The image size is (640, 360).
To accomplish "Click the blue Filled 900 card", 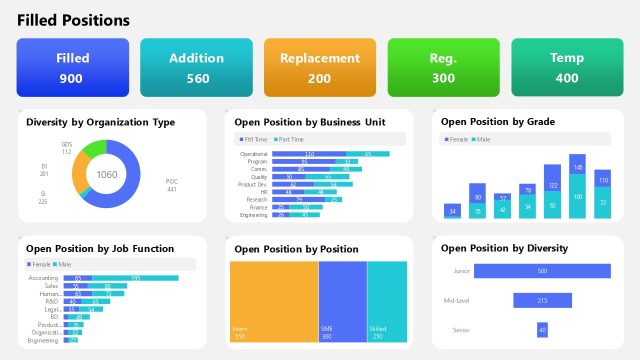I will [x=73, y=68].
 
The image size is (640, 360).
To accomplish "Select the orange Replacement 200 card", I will [x=320, y=68].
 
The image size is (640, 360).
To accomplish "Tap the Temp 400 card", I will [x=567, y=68].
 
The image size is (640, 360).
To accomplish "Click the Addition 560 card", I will [x=197, y=68].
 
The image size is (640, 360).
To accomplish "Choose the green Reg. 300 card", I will [x=443, y=68].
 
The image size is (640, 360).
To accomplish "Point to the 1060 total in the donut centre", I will [x=107, y=174].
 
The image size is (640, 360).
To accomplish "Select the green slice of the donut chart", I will [x=93, y=149].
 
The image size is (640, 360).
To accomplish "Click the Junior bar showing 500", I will [x=542, y=271].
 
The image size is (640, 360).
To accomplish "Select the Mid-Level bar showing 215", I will [x=542, y=300].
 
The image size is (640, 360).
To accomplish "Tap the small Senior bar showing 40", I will [x=542, y=329].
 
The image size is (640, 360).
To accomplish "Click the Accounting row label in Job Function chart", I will [x=44, y=278].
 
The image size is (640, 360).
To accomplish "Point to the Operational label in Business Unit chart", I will [x=254, y=154].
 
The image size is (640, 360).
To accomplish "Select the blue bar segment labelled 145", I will [x=577, y=166].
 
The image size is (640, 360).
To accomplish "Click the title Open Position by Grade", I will [x=498, y=122].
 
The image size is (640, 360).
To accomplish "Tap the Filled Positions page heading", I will [x=73, y=20].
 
